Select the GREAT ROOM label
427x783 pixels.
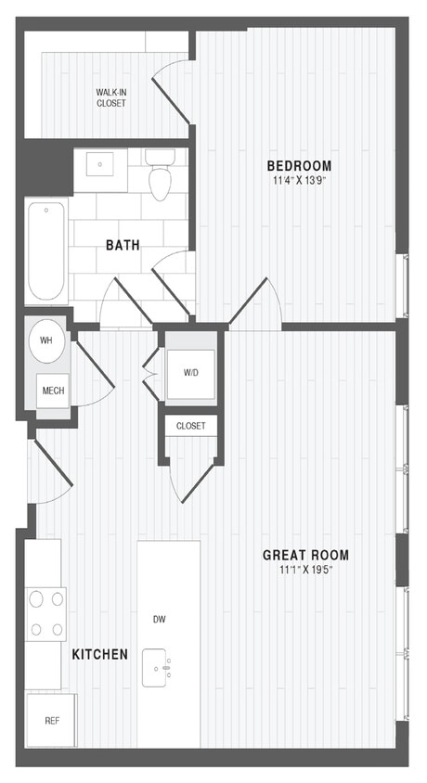click(x=305, y=556)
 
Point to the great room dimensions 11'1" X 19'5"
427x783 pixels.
click(x=305, y=571)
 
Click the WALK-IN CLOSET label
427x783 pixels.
click(x=111, y=97)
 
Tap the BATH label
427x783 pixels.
click(x=123, y=246)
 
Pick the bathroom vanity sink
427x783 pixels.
click(x=101, y=164)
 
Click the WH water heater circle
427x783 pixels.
click(x=46, y=340)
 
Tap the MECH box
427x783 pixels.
click(x=53, y=391)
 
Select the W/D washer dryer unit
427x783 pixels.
click(x=191, y=373)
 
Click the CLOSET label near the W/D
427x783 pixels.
click(x=191, y=426)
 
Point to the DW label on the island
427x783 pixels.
click(x=160, y=619)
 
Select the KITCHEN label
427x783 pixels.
click(x=99, y=655)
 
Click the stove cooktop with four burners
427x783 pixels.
click(x=46, y=613)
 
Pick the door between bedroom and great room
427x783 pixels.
click(x=256, y=306)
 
